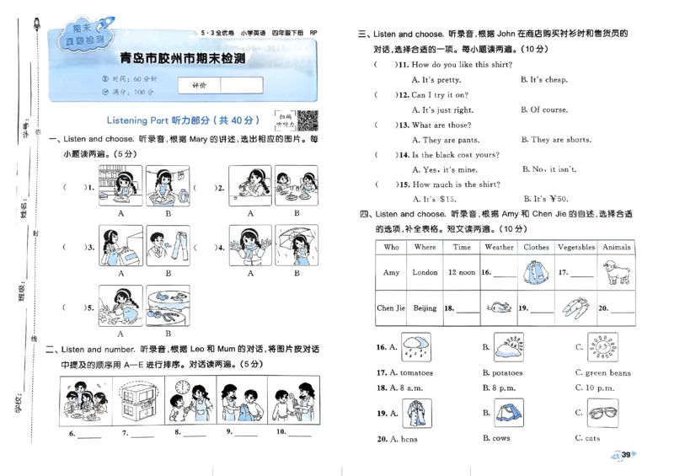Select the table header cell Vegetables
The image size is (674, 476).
pyautogui.click(x=575, y=248)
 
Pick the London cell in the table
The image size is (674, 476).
pyautogui.click(x=425, y=273)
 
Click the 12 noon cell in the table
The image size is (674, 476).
pyautogui.click(x=462, y=273)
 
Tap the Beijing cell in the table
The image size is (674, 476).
pyautogui.click(x=425, y=308)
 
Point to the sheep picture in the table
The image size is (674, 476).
pyautogui.click(x=618, y=272)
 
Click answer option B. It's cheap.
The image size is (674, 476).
pyautogui.click(x=543, y=80)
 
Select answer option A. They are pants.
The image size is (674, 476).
pyautogui.click(x=445, y=140)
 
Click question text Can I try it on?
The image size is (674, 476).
pyautogui.click(x=440, y=94)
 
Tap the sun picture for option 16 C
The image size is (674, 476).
pyautogui.click(x=605, y=345)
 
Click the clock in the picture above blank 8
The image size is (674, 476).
pyautogui.click(x=180, y=388)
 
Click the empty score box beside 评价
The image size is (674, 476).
pyautogui.click(x=242, y=85)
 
